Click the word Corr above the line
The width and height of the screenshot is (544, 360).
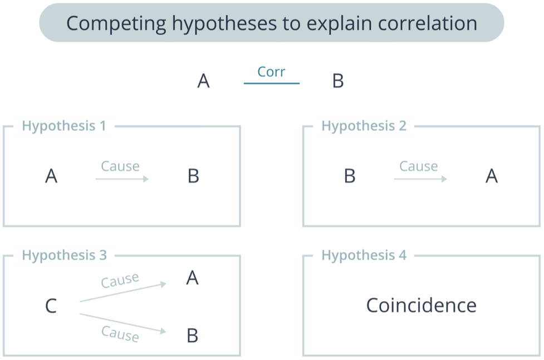(x=271, y=72)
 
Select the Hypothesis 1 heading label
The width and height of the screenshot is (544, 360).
(x=64, y=126)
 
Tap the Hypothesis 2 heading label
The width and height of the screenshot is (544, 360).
(x=364, y=126)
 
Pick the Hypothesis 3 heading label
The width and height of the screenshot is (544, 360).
(x=64, y=255)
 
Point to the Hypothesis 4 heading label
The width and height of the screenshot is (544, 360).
(x=364, y=255)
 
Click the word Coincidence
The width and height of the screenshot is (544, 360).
(x=421, y=305)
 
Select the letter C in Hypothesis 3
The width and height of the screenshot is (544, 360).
(x=51, y=306)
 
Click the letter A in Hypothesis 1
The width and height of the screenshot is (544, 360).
(x=51, y=176)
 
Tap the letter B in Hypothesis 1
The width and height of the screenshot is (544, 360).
(x=193, y=176)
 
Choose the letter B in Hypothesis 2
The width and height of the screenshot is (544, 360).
(x=350, y=176)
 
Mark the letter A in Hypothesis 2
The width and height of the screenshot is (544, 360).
(x=492, y=176)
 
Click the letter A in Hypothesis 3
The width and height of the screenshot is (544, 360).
(x=192, y=278)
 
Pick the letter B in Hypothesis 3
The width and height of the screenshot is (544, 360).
(x=193, y=336)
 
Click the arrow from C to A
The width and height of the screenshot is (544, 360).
(x=123, y=292)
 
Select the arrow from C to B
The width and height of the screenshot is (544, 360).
(x=123, y=323)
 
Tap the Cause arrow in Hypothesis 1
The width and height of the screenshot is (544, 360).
(x=122, y=179)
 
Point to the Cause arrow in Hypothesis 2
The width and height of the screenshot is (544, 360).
(x=420, y=179)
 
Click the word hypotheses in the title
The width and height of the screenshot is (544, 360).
(x=224, y=23)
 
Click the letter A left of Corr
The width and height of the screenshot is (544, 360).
(x=204, y=81)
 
